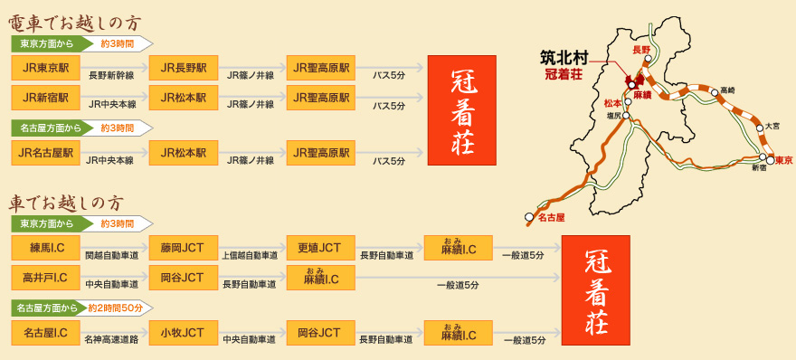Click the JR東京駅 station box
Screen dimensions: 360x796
(x=44, y=67)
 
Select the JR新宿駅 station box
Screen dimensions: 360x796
(x=44, y=98)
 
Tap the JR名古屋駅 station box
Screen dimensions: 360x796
(x=44, y=153)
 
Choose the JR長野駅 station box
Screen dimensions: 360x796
(x=183, y=67)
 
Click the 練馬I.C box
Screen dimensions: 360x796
(x=44, y=248)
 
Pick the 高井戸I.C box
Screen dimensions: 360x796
(x=44, y=277)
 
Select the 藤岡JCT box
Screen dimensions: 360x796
(x=183, y=248)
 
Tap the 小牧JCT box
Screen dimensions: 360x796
(x=183, y=333)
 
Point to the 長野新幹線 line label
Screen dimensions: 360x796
(x=111, y=76)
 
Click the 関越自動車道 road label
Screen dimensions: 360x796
(x=112, y=257)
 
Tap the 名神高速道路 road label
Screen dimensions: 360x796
(x=112, y=341)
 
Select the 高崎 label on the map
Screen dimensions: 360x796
(x=728, y=90)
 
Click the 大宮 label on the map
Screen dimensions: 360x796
(x=771, y=126)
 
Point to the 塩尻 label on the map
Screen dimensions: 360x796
(x=613, y=116)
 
